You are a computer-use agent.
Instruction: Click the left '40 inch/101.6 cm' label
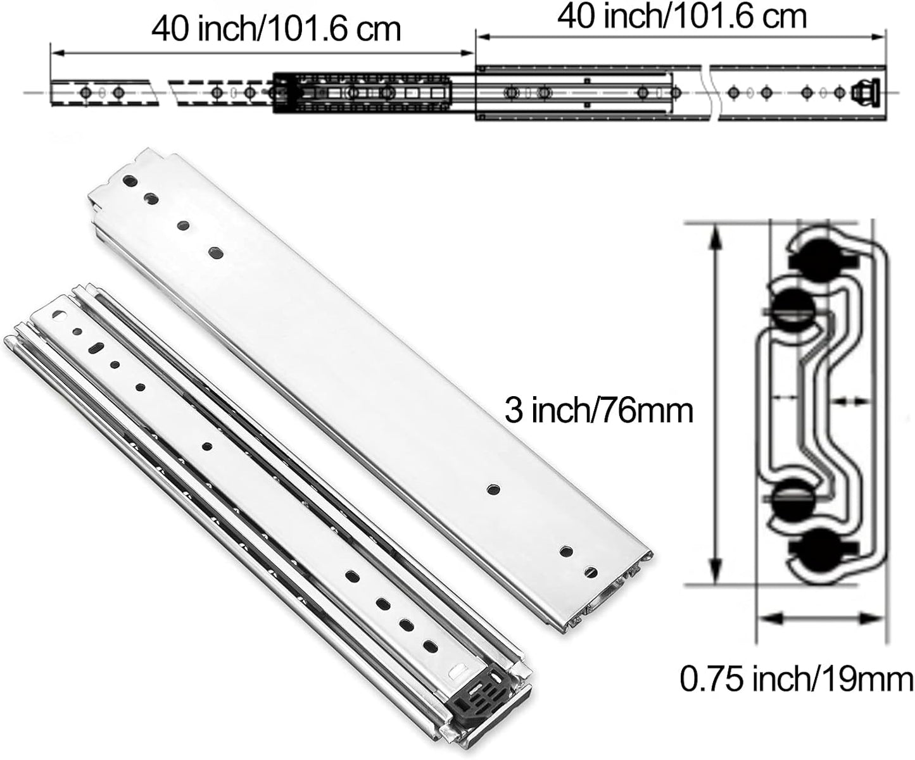(276, 28)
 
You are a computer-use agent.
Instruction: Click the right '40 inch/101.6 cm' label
(682, 16)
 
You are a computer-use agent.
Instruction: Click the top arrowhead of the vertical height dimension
(716, 234)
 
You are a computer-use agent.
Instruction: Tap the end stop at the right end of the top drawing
(865, 92)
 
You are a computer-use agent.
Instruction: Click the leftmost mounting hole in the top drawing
(84, 93)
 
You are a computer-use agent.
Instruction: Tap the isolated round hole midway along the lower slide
(207, 446)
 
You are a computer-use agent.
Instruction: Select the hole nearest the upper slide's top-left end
(130, 181)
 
